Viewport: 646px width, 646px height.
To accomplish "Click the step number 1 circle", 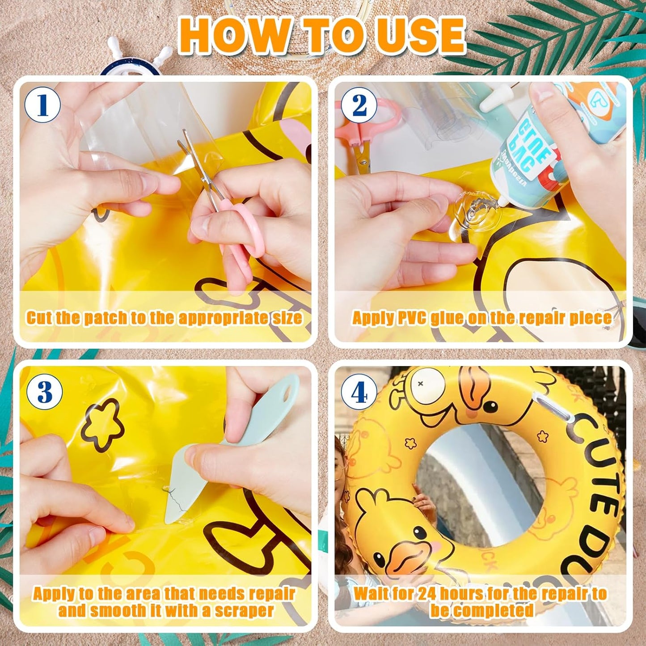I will point(42,105).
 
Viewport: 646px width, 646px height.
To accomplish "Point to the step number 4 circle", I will point(359,393).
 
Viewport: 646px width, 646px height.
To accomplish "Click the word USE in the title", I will point(420,36).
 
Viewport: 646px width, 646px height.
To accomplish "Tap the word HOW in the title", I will point(234,36).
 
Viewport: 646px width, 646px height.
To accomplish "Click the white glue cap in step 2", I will point(494,101).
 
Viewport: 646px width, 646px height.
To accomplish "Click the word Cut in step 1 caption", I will point(39,318).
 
